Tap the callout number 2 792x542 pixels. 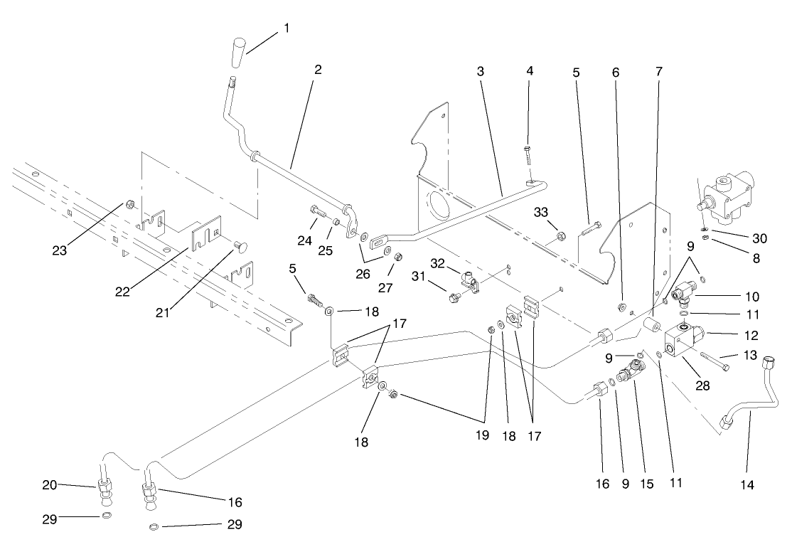click(x=318, y=70)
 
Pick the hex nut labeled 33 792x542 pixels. click(x=559, y=235)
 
